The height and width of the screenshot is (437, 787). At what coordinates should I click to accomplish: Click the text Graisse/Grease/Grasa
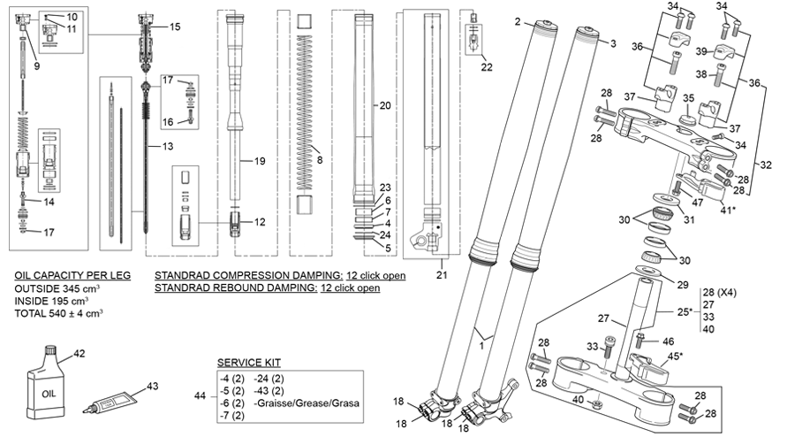(299, 402)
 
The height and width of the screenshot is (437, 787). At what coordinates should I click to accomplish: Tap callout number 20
(384, 105)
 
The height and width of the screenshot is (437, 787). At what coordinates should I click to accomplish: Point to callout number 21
(443, 275)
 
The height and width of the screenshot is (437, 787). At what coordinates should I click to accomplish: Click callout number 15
(174, 27)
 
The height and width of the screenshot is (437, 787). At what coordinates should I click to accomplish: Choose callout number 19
(260, 162)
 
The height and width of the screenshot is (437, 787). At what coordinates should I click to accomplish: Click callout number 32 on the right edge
(766, 165)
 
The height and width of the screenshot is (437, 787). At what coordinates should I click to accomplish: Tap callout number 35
(688, 99)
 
